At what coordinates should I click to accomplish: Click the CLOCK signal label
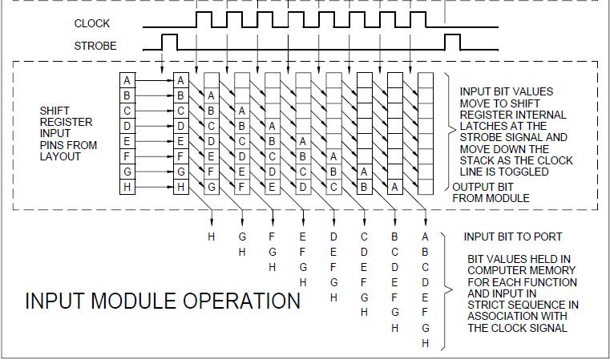[x=92, y=23]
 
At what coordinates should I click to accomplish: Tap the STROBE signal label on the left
[x=95, y=46]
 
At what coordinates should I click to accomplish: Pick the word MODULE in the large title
[x=137, y=301]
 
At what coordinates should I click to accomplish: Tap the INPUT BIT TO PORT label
[x=513, y=237]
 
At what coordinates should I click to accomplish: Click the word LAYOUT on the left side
[x=61, y=156]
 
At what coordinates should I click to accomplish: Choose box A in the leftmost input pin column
[x=127, y=80]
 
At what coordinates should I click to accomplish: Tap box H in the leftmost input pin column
[x=127, y=186]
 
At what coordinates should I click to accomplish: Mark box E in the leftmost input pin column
[x=127, y=140]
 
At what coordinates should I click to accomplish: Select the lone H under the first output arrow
[x=212, y=237]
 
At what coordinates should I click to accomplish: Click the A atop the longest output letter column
[x=425, y=237]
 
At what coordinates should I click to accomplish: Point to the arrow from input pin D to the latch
[x=153, y=125]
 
